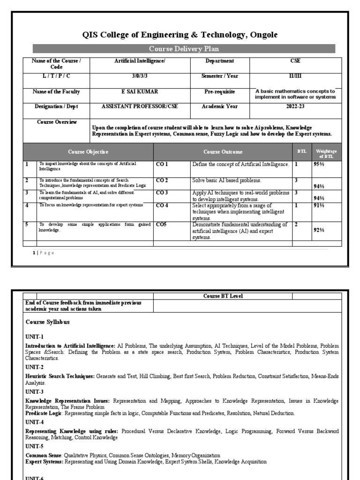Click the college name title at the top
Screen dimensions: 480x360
click(x=180, y=35)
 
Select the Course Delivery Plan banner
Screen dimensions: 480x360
click(x=184, y=49)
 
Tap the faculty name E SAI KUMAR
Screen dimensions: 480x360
click(x=140, y=92)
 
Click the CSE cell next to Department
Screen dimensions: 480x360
click(x=295, y=61)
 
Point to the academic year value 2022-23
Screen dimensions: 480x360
click(x=295, y=106)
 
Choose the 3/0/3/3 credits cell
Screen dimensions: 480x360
click(x=140, y=76)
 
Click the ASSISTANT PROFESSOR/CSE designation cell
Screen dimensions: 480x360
click(x=140, y=106)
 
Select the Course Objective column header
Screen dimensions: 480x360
click(x=88, y=152)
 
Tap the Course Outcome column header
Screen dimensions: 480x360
click(x=223, y=152)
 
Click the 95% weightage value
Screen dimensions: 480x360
click(x=319, y=165)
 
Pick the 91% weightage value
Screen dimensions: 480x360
click(x=319, y=205)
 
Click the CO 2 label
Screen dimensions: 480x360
click(x=162, y=180)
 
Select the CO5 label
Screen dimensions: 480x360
click(x=161, y=225)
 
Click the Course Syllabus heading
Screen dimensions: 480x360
click(x=47, y=322)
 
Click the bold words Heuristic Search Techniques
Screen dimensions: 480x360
click(x=60, y=376)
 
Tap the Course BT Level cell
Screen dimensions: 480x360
click(x=223, y=296)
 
